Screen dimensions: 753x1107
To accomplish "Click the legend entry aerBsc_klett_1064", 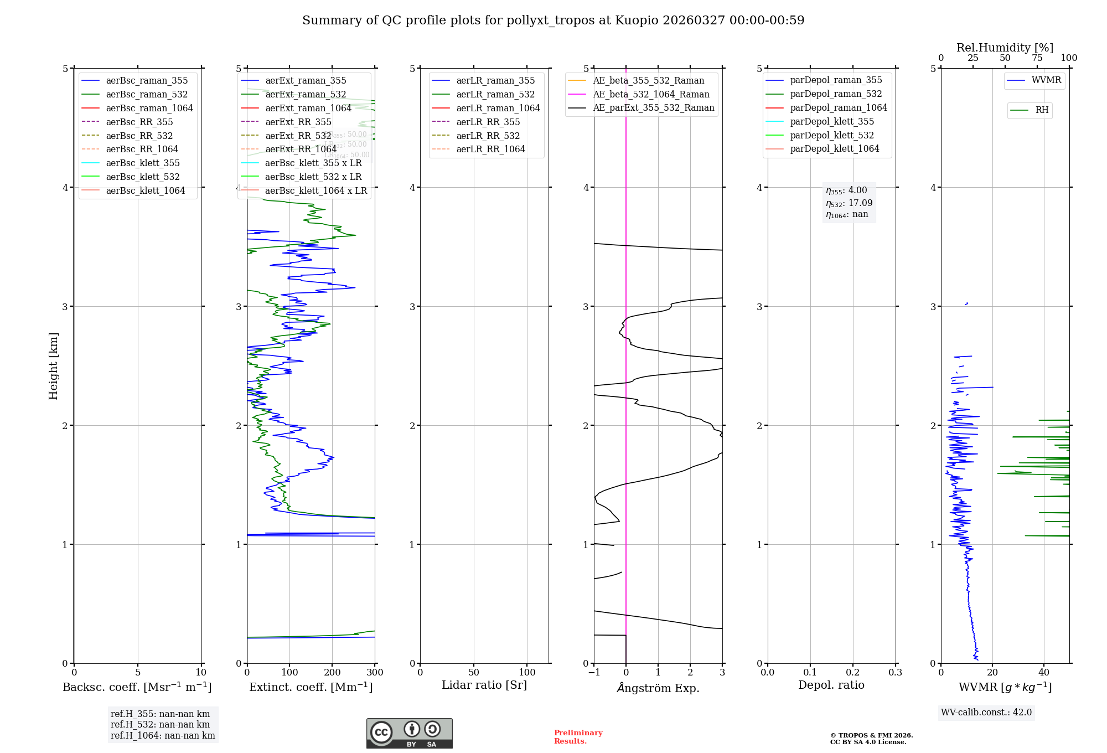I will pyautogui.click(x=145, y=190).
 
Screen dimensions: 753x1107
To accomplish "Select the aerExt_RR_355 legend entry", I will pyautogui.click(x=298, y=122).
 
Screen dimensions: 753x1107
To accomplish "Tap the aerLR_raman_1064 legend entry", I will pyautogui.click(x=498, y=108).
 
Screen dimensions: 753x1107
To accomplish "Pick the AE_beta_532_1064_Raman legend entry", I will pyautogui.click(x=651, y=94).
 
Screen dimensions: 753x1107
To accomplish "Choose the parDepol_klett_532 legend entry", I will pyautogui.click(x=831, y=135).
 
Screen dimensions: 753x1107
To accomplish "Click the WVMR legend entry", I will pyautogui.click(x=1046, y=80).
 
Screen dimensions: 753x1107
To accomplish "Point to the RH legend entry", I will pyautogui.click(x=1041, y=110).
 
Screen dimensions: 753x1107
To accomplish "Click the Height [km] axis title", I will pyautogui.click(x=53, y=365).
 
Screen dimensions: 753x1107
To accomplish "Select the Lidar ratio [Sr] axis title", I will pyautogui.click(x=484, y=685).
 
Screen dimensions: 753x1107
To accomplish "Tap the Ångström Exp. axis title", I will pyautogui.click(x=658, y=688).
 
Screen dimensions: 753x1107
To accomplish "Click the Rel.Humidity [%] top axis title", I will pyautogui.click(x=1005, y=48).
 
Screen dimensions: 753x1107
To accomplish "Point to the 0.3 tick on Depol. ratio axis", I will pyautogui.click(x=895, y=672).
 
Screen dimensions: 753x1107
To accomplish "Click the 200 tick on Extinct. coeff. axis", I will pyautogui.click(x=332, y=672).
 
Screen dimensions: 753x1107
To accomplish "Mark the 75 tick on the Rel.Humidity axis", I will pyautogui.click(x=1037, y=58).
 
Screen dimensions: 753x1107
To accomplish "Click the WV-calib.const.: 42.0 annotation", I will pyautogui.click(x=986, y=712).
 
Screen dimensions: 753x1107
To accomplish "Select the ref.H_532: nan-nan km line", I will pyautogui.click(x=160, y=724).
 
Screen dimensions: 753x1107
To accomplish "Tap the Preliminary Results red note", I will pyautogui.click(x=578, y=736).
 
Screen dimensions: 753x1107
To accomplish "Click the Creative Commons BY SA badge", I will pyautogui.click(x=409, y=733).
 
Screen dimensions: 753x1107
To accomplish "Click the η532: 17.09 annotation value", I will pyautogui.click(x=849, y=203).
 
